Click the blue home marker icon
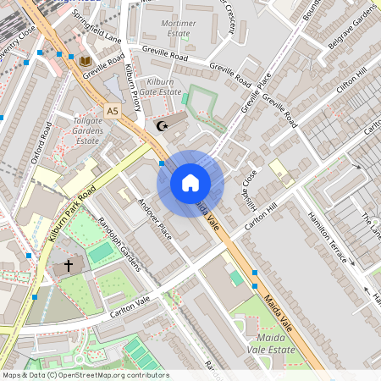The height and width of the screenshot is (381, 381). click(190, 183)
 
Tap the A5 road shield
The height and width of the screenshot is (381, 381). click(113, 110)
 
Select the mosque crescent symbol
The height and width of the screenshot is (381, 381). click(163, 126)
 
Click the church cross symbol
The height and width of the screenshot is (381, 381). click(69, 266)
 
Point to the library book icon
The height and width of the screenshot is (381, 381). click(85, 61)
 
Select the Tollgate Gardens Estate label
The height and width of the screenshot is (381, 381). click(100, 130)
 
